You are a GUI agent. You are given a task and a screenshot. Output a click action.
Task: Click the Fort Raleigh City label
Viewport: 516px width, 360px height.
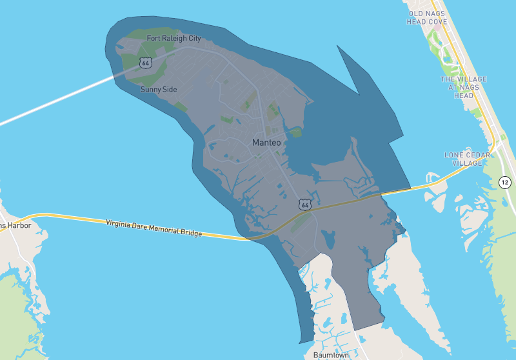point(174,39)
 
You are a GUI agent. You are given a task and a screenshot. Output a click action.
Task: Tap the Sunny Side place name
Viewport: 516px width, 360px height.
point(159,90)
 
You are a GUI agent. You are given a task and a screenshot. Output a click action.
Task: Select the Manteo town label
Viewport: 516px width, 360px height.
point(266,142)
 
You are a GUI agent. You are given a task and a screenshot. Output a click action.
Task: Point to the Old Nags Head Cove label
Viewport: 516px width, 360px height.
point(427,17)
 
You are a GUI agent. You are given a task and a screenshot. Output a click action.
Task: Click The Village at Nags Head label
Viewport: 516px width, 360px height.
point(463,87)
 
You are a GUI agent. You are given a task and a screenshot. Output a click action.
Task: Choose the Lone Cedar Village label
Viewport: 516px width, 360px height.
point(463,159)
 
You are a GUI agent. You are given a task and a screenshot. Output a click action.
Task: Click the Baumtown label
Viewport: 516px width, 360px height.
point(331,355)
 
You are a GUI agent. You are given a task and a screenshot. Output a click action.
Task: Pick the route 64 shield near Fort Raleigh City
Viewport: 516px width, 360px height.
point(145,63)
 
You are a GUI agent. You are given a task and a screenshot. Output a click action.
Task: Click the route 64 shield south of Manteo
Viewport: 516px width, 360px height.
point(305,205)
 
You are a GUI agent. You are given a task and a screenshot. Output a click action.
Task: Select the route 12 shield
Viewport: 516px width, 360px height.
point(505,183)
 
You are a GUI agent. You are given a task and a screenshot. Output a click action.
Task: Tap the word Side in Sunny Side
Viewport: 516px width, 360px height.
point(170,90)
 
